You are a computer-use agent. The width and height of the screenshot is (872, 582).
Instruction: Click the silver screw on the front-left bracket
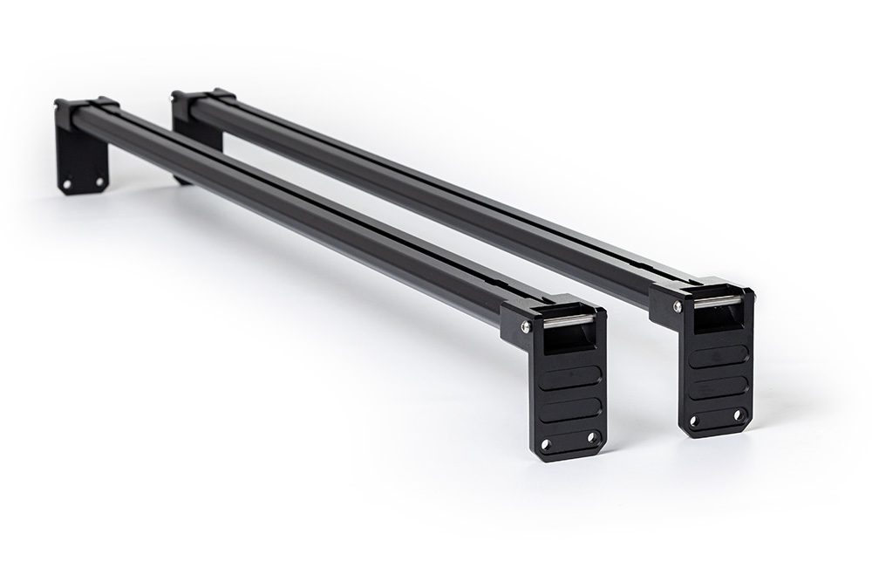point(524,326)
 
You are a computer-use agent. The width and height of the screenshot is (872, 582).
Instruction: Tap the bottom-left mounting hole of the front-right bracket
point(694,421)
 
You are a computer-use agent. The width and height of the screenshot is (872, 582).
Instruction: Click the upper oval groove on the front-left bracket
point(567,380)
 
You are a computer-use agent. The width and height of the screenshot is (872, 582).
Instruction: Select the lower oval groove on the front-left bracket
point(568,407)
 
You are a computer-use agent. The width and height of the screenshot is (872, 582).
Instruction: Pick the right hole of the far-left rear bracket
point(99,181)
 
